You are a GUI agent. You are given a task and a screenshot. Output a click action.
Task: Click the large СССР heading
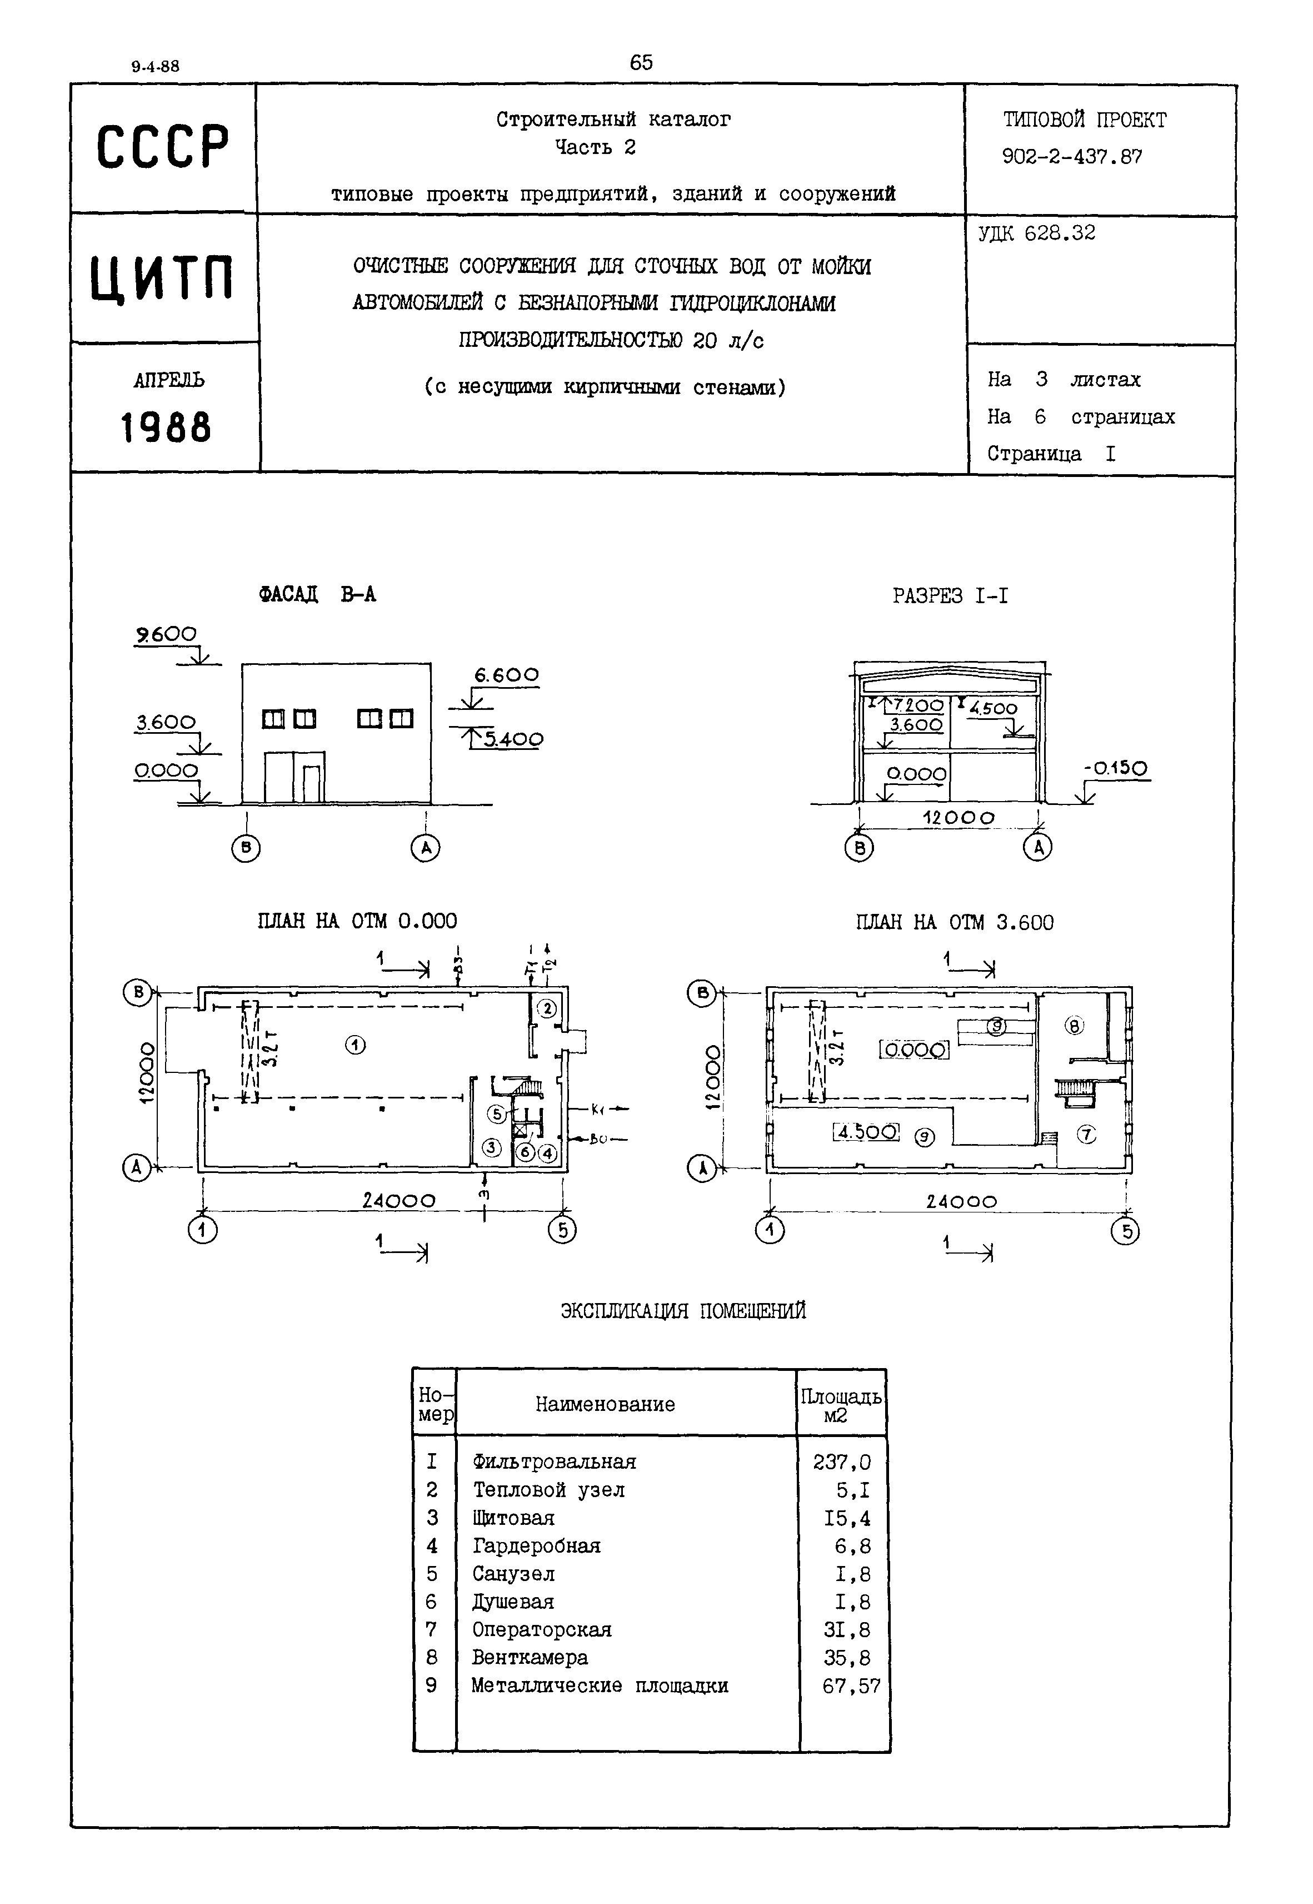coord(163,148)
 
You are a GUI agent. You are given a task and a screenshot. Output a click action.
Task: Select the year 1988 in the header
coord(166,428)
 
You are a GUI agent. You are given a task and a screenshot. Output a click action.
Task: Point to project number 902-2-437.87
coord(1071,156)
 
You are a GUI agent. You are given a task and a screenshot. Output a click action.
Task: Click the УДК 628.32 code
coord(1037,233)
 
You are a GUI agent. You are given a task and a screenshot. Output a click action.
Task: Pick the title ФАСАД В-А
coord(317,595)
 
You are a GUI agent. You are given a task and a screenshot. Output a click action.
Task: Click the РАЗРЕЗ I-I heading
coord(950,596)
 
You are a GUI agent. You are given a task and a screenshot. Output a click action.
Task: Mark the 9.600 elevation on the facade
coord(167,634)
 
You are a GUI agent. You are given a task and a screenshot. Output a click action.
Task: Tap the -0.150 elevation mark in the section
coord(1116,768)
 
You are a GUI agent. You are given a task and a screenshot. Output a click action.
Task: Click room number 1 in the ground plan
coord(356,1045)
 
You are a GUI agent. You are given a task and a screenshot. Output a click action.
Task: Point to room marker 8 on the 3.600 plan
coord(1075,1026)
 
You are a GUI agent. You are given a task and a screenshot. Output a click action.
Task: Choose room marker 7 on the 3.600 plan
coord(1087,1135)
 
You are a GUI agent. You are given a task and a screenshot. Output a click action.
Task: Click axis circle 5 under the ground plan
coord(563,1230)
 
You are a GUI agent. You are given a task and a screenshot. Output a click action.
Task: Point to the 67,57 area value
coord(851,1686)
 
